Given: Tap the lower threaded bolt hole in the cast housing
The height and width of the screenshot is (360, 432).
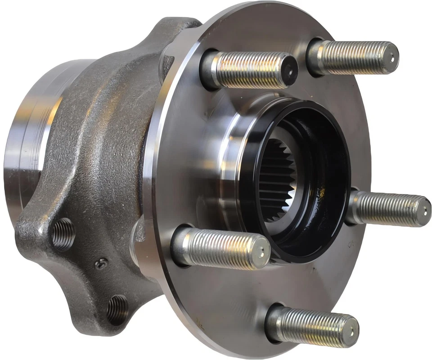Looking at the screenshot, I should click(x=118, y=309).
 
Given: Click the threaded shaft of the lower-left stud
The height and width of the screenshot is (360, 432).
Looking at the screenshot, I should click(x=220, y=247).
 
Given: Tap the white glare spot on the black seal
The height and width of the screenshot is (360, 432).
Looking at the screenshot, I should click(x=321, y=193).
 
